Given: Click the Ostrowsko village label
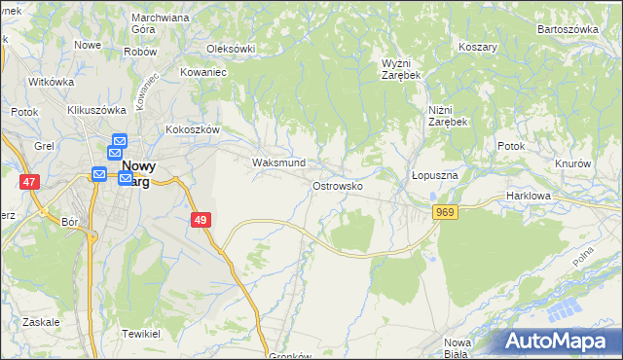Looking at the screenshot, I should tap(338, 185).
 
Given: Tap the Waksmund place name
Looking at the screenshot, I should tap(279, 162).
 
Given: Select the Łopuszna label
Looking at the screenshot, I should tap(434, 175).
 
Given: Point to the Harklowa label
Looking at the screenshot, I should tap(530, 196).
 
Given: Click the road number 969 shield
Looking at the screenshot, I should tap(446, 213).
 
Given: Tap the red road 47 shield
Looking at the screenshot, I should tap(30, 182).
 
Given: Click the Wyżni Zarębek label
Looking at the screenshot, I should tap(400, 67).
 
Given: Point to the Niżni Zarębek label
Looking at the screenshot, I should tap(448, 116).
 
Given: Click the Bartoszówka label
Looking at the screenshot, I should tap(568, 29).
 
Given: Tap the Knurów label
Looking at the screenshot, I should tap(573, 163).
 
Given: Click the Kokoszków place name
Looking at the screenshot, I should tap(194, 128).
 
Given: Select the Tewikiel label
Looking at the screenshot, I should tap(141, 333).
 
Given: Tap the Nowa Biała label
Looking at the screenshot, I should tap(458, 347).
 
